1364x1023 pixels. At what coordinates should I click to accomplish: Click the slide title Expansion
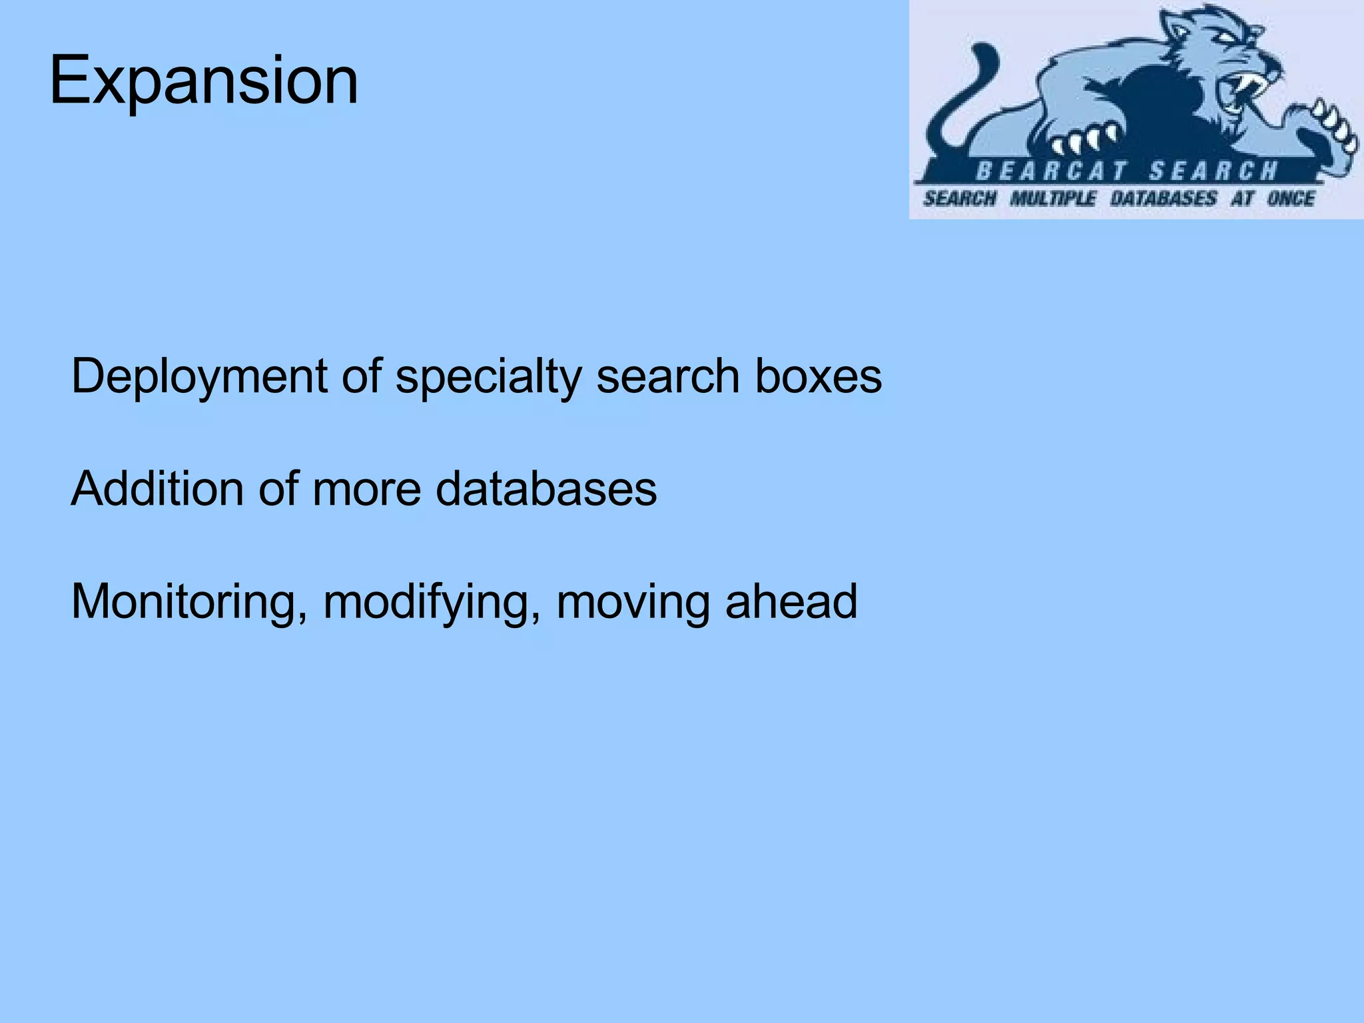coord(204,81)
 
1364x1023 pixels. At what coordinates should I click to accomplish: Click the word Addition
coord(157,490)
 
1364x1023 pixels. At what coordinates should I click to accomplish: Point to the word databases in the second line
coord(546,490)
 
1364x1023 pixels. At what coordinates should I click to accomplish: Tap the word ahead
coord(791,601)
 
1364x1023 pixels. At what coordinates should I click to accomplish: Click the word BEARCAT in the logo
coord(1051,172)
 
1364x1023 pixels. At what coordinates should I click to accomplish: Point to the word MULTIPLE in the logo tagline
coord(1053,198)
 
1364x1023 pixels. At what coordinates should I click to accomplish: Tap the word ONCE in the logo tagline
coord(1290,198)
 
